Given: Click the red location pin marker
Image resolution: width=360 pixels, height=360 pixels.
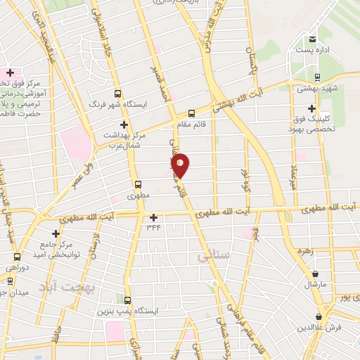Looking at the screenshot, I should pyautogui.click(x=181, y=165).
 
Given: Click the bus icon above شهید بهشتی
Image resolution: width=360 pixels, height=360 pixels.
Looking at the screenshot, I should pyautogui.click(x=317, y=77).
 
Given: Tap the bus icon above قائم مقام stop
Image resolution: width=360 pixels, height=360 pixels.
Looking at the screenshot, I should pyautogui.click(x=191, y=113).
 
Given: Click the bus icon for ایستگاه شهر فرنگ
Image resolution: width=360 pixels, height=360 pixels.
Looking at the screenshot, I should pyautogui.click(x=117, y=94).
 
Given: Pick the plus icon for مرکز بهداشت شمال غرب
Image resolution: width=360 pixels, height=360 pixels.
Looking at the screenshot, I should pyautogui.click(x=124, y=124).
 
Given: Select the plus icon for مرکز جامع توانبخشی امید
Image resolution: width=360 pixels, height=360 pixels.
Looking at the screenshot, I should pyautogui.click(x=56, y=233).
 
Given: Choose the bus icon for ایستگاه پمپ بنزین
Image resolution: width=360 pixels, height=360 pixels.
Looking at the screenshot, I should pyautogui.click(x=127, y=299).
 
